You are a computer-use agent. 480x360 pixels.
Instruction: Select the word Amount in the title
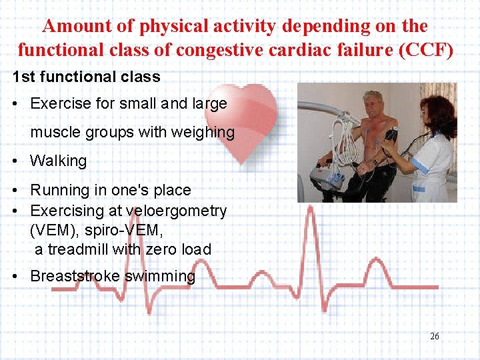click(73, 26)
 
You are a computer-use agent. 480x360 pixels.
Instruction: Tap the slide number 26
click(435, 336)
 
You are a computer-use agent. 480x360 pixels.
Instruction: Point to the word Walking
click(59, 161)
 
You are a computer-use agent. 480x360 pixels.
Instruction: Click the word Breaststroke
click(75, 276)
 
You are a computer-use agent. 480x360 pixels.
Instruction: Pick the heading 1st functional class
click(87, 77)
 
